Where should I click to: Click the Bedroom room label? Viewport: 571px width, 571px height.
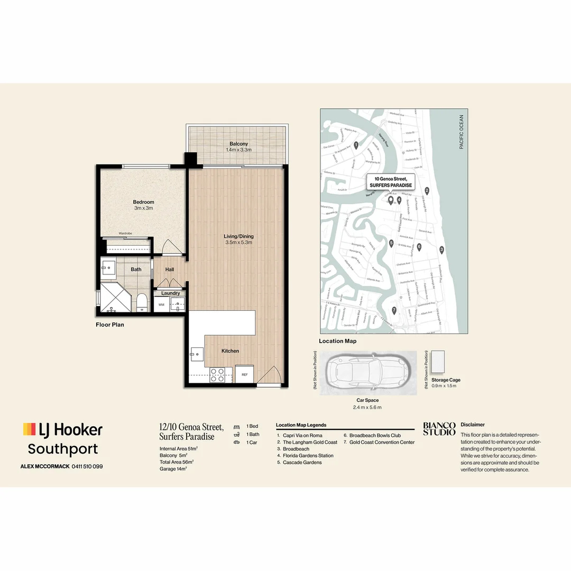pos(143,202)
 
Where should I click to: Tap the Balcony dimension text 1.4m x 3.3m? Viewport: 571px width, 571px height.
pos(238,150)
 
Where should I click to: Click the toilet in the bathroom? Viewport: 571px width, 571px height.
pos(142,301)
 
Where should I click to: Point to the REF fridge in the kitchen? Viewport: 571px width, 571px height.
pos(244,374)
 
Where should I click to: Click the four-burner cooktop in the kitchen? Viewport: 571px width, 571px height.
pos(217,374)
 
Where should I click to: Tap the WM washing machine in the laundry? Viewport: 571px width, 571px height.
pos(161,305)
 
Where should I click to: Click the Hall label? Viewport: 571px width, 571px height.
pos(169,269)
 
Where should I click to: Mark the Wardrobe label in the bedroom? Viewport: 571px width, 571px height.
pos(125,233)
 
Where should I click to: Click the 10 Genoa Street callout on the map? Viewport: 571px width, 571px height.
pos(391,182)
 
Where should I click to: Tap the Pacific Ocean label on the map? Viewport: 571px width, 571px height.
pos(461,132)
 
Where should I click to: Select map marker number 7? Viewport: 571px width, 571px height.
pos(394,310)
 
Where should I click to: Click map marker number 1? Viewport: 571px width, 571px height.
pos(356,144)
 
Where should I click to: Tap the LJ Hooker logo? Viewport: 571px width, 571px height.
pos(62,429)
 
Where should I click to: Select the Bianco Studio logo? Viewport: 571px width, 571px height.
pos(439,428)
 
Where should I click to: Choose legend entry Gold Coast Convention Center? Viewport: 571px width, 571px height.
pos(382,442)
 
